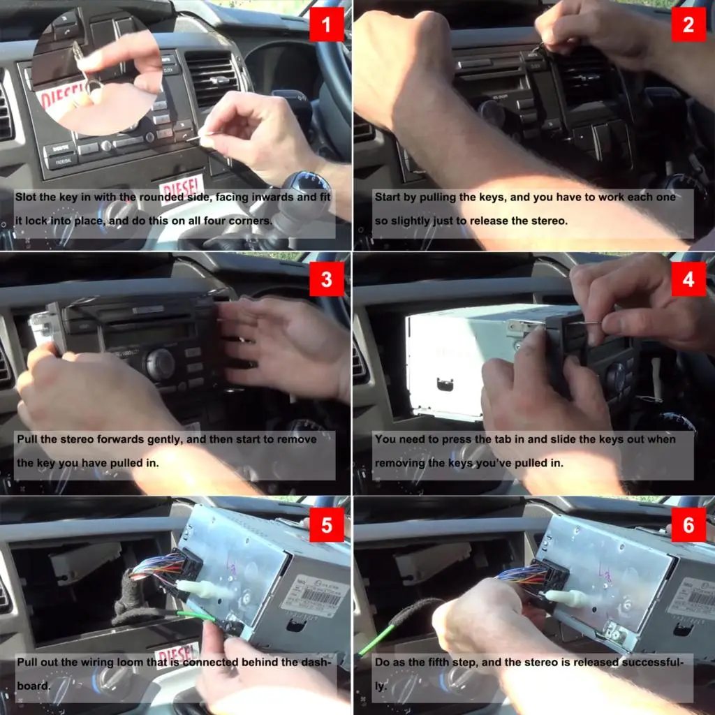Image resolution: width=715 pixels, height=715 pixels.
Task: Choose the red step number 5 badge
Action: click(x=327, y=525)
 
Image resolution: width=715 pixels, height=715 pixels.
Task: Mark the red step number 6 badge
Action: click(x=688, y=525)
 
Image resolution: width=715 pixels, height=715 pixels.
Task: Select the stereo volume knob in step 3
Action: click(x=160, y=362)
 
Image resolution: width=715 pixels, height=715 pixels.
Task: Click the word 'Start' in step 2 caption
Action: click(x=388, y=198)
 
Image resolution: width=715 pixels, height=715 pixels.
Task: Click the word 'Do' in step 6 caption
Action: click(x=383, y=661)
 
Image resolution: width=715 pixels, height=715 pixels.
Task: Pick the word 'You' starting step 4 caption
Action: click(x=386, y=440)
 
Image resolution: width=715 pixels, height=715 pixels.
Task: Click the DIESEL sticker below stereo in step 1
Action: click(x=181, y=187)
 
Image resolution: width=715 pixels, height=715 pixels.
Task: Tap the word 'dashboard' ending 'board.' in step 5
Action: click(x=32, y=685)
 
